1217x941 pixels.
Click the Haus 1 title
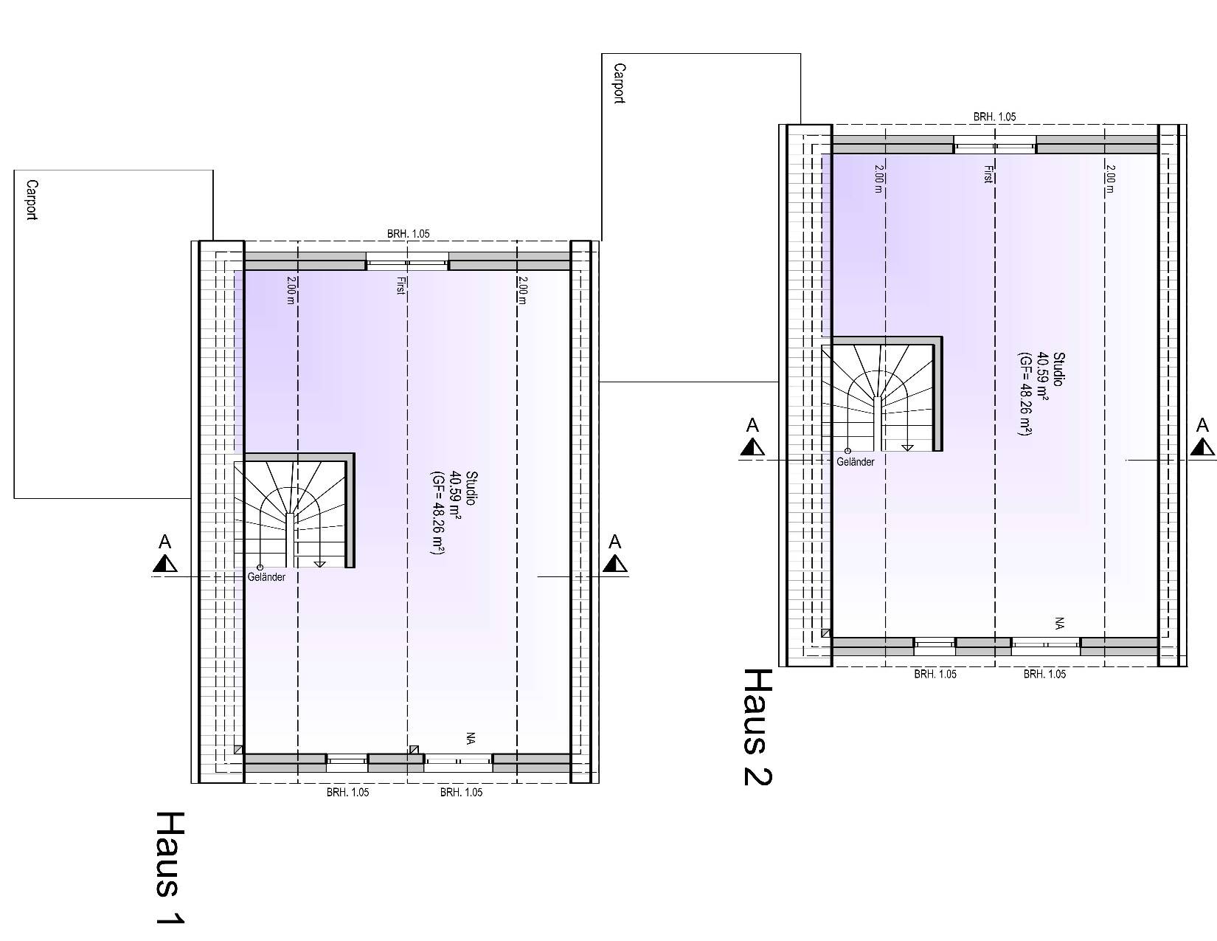170,867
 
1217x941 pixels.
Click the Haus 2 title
757,727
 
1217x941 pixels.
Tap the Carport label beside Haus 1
31,199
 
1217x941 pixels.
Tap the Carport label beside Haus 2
620,83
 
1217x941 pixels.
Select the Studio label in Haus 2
1058,369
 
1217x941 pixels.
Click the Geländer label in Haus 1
267,577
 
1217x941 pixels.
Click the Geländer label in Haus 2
856,462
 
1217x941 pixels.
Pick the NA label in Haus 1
470,738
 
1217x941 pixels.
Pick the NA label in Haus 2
1059,623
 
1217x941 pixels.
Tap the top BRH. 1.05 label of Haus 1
408,234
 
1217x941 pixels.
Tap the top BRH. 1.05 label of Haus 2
994,117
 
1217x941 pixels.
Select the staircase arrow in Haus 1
319,564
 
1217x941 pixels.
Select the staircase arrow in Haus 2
907,447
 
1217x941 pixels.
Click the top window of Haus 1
407,262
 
